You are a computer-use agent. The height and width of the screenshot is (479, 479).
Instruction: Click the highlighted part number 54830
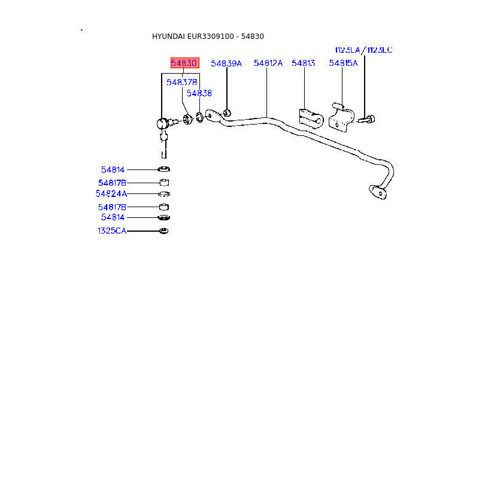(184, 63)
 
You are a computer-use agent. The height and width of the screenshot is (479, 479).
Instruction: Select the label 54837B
(182, 82)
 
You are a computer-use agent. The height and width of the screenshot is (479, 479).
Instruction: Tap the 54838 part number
(199, 93)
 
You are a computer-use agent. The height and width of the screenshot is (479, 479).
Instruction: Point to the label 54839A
(226, 63)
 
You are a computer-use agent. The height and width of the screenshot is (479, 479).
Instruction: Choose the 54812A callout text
(268, 63)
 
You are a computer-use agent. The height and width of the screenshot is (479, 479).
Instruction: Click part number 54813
(303, 63)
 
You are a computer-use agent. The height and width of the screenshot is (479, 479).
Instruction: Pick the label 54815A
(343, 63)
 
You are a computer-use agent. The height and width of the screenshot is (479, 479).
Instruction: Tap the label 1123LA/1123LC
(363, 50)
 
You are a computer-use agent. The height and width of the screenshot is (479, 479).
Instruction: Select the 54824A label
(111, 194)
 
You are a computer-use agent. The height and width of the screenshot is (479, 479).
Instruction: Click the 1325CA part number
(113, 231)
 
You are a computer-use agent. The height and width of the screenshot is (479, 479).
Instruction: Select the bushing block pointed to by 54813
(311, 118)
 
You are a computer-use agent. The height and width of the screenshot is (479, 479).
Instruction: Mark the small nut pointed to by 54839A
(228, 113)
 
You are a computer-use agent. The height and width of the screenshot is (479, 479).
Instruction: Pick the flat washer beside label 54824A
(164, 194)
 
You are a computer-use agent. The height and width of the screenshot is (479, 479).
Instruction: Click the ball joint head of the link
(162, 123)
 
